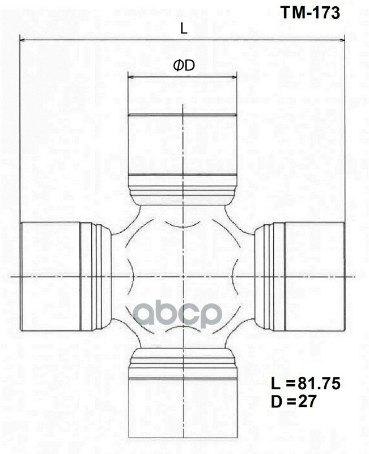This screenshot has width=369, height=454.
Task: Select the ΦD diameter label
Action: pos(184,66)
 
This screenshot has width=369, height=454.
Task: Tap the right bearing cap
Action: pos(315,275)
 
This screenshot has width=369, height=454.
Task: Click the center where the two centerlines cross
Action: pos(183,276)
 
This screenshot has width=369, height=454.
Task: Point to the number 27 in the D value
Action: pos(308,401)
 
